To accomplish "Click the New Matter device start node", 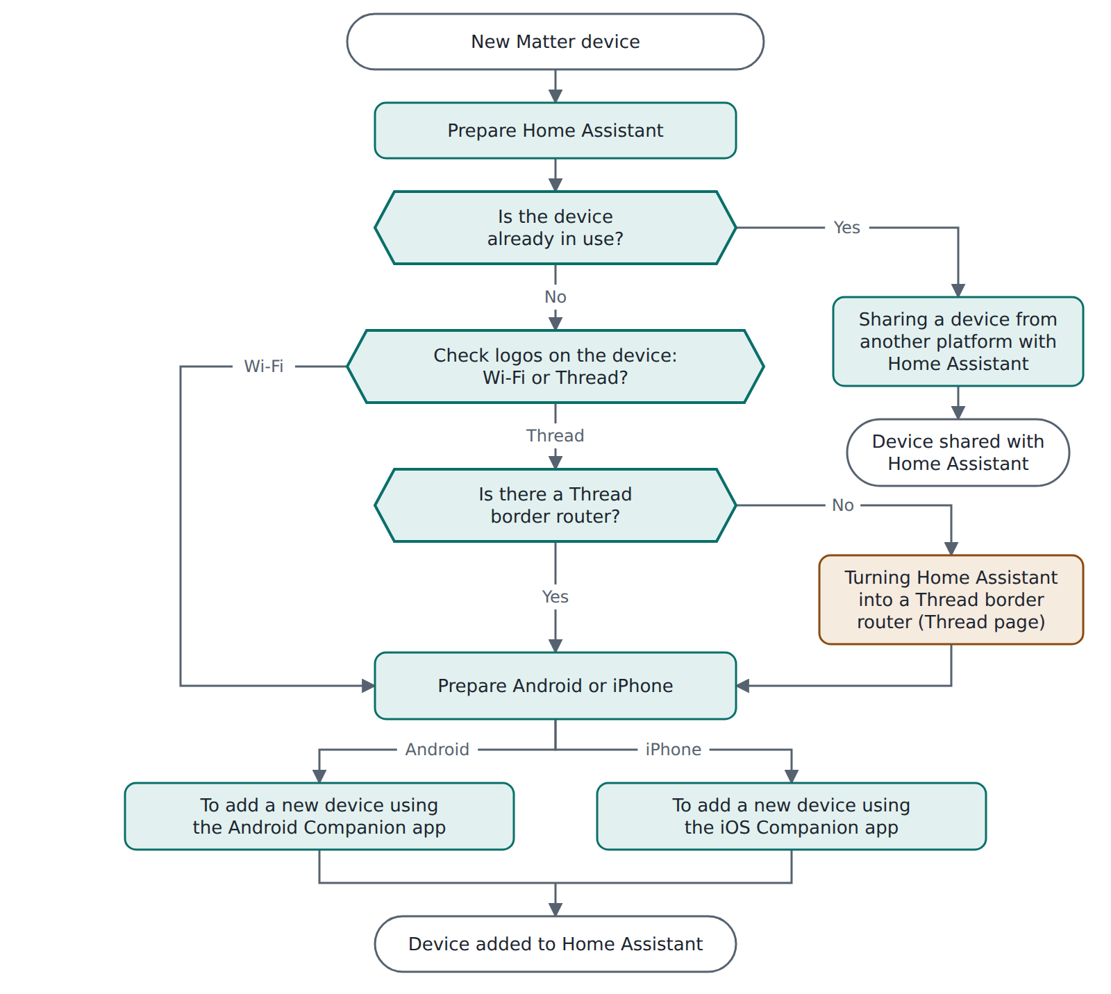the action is point(555,42).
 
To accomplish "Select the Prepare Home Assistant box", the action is point(555,130).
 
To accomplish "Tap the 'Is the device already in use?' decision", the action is point(555,228).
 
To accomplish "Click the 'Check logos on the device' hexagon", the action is point(555,367).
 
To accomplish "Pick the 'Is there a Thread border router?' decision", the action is point(555,505).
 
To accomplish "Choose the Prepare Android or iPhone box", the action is point(555,686).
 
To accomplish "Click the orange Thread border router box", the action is point(951,600).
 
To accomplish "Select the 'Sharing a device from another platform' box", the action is point(958,342).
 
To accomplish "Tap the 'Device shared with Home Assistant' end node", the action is point(958,453).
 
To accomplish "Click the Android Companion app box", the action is point(319,816).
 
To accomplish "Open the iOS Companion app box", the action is point(792,816).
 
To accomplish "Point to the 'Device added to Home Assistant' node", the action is point(555,944).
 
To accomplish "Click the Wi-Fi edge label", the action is point(264,366).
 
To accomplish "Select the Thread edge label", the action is point(555,435).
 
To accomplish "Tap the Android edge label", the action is point(437,750).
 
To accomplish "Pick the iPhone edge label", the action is point(674,750).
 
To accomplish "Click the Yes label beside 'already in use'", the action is point(847,228).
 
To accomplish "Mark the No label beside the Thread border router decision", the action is point(843,505).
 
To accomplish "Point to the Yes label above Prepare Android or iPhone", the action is point(555,597).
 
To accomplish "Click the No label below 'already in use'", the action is point(555,297).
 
